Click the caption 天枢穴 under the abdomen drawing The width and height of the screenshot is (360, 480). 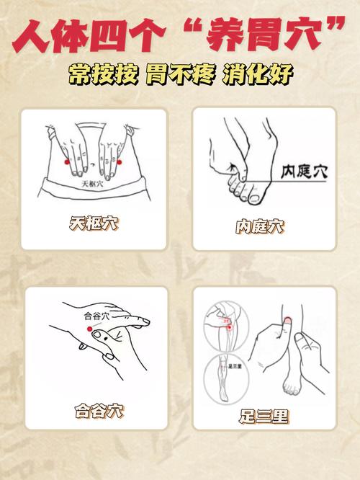coord(94,224)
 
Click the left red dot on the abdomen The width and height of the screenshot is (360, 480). coord(67,163)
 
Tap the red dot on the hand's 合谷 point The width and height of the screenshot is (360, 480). coord(90,329)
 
